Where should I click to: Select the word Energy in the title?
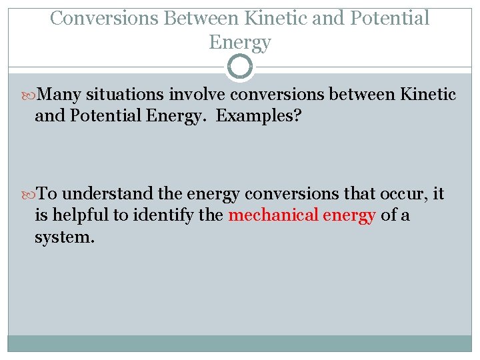pos(240,42)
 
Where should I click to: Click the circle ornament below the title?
pos(240,67)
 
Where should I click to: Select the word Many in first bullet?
pos(60,95)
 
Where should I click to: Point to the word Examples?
pos(258,116)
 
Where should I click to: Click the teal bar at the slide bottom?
pos(240,343)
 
